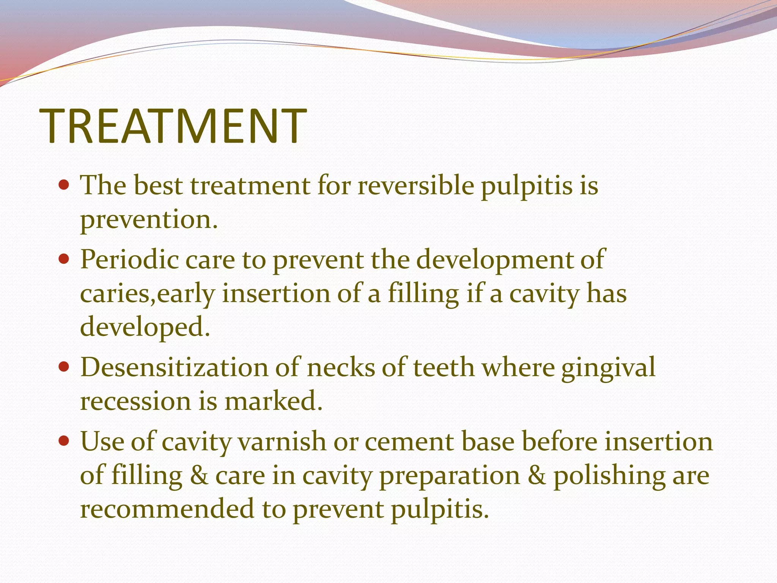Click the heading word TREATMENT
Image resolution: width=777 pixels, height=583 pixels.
(173, 126)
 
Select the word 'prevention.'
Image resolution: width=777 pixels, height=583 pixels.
(149, 220)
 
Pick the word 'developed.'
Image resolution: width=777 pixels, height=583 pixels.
(145, 327)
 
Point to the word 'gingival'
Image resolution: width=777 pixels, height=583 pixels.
(608, 368)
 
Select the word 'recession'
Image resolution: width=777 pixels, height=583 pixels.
(135, 401)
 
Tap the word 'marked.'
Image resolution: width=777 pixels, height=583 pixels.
(273, 401)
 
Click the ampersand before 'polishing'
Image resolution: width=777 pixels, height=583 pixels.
(536, 476)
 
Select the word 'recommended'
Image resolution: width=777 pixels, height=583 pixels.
(167, 509)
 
